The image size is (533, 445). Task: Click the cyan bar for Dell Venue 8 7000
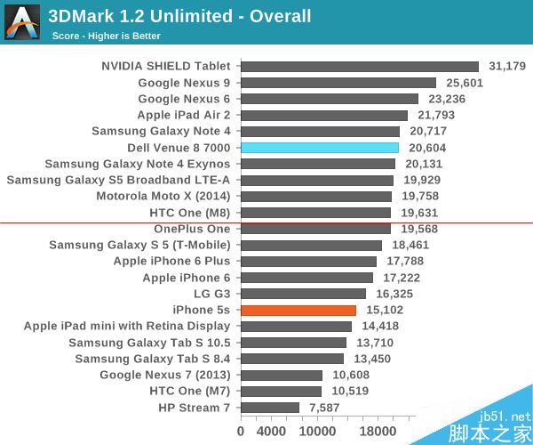(x=320, y=148)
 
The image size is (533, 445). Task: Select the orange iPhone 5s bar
(x=298, y=310)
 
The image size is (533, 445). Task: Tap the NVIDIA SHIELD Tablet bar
(x=359, y=67)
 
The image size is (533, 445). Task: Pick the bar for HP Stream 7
(x=270, y=408)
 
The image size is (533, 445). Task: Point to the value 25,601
(x=463, y=83)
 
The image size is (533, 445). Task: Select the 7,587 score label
(x=323, y=408)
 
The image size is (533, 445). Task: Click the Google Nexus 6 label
(x=184, y=99)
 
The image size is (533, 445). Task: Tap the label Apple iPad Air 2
(x=183, y=115)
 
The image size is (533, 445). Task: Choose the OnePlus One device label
(x=191, y=229)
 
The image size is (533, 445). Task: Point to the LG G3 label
(x=211, y=294)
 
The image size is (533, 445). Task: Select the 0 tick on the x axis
(x=241, y=432)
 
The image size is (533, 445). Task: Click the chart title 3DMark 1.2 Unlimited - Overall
(x=179, y=16)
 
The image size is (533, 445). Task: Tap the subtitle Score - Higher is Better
(x=107, y=36)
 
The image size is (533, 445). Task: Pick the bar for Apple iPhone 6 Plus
(x=308, y=262)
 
